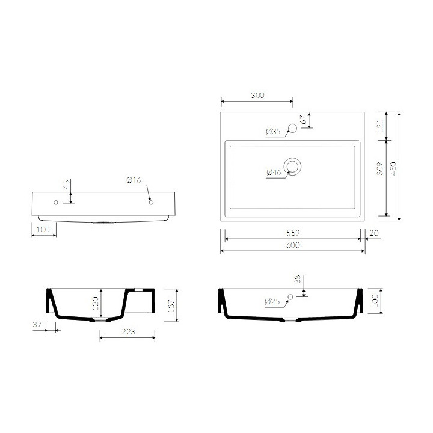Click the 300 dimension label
(x=257, y=96)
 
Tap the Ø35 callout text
(x=272, y=131)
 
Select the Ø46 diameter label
(x=274, y=173)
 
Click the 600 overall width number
(x=293, y=245)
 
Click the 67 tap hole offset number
(x=304, y=120)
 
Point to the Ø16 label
(x=134, y=180)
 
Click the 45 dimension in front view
(x=66, y=184)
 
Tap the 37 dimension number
(x=37, y=325)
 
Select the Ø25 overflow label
(x=272, y=301)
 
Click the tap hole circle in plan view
(x=293, y=127)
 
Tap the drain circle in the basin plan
(x=293, y=166)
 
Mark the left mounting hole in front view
(x=56, y=203)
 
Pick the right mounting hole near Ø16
(x=150, y=203)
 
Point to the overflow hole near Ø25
(x=290, y=296)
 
